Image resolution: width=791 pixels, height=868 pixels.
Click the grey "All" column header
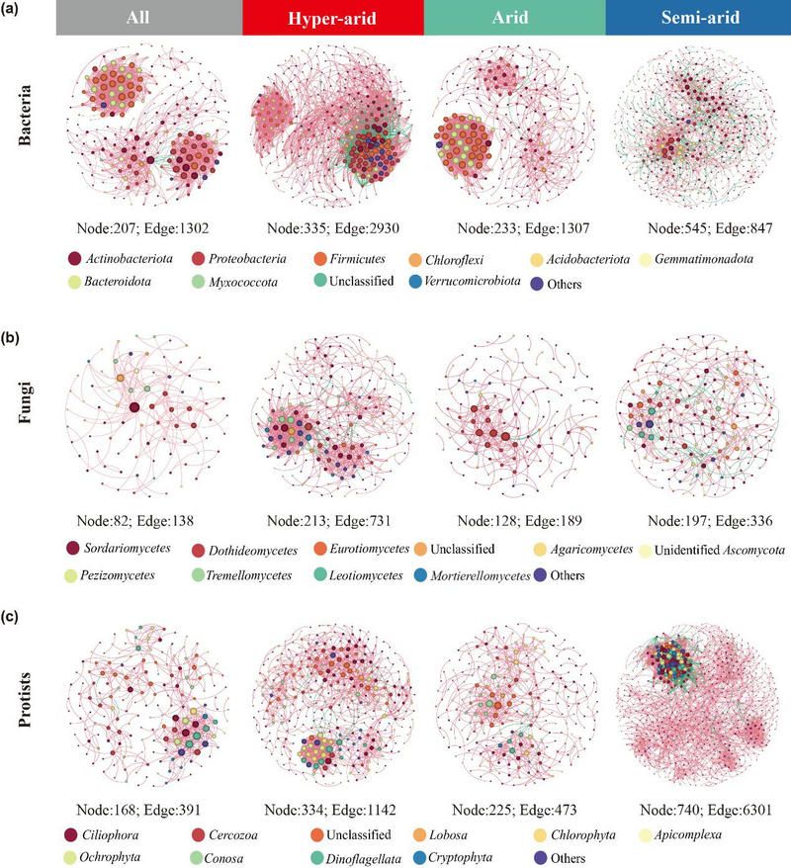148,19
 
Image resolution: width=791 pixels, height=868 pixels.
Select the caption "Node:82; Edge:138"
144,520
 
